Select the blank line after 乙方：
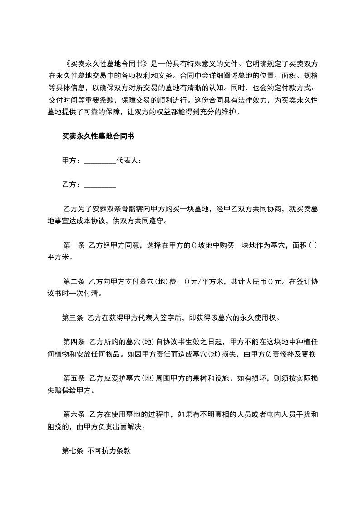(x=100, y=185)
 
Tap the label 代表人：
(x=129, y=160)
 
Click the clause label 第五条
(x=74, y=378)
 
